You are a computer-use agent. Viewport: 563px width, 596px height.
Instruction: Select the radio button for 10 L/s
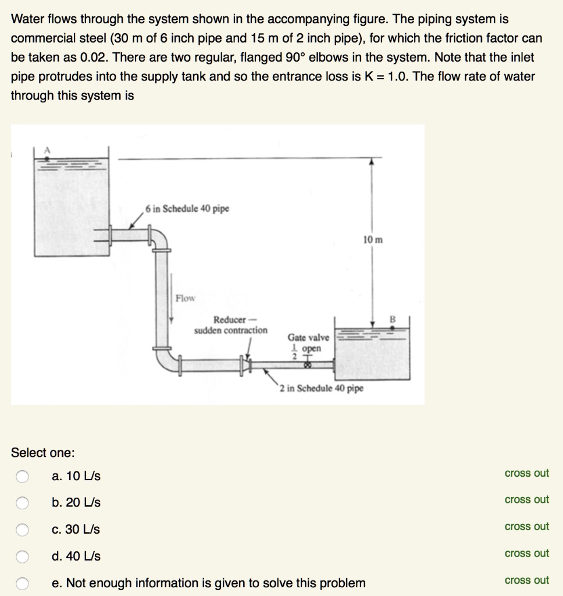(22, 476)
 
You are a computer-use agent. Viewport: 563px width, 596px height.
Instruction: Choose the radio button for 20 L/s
(22, 503)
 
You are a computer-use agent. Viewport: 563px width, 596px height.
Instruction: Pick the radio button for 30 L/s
(22, 530)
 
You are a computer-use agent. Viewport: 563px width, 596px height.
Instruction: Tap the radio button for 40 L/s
(22, 556)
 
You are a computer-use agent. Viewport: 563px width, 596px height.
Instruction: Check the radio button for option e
(22, 583)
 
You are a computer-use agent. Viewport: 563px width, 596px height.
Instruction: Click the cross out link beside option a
(526, 473)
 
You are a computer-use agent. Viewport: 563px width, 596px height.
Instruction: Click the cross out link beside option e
(526, 580)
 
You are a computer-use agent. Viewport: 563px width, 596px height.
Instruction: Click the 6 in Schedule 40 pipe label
(187, 209)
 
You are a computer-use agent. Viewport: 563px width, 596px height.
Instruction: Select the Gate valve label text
(308, 338)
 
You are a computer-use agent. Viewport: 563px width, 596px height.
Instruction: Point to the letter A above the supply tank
(49, 150)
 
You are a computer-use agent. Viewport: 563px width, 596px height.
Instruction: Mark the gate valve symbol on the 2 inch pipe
(308, 365)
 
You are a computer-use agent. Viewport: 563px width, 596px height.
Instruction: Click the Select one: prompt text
(43, 452)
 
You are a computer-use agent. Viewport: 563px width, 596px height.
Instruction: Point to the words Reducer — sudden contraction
(231, 325)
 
